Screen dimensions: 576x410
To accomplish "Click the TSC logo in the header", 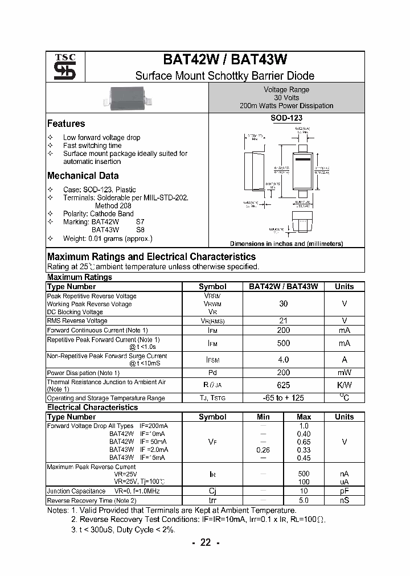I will pos(61,67).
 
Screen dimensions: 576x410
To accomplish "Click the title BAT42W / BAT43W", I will pos(225,60).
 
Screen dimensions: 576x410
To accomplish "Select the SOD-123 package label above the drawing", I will pos(286,118).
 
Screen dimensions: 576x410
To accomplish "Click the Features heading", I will pos(66,124).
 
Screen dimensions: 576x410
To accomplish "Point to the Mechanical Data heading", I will pos(83,176).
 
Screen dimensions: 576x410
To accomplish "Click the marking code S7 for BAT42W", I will pos(141,221).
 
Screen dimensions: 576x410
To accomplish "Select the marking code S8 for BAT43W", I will pos(141,229).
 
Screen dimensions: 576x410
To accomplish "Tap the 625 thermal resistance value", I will pos(283,385).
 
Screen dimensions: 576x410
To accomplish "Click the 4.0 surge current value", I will pos(283,360).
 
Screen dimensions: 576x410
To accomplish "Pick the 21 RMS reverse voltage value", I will pos(283,321).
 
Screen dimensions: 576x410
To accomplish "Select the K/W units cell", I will pos(344,385).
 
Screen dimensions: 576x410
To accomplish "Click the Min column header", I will pos(263,417).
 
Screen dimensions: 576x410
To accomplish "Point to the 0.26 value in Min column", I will pos(263,450).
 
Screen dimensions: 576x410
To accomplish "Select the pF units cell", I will pos(344,491).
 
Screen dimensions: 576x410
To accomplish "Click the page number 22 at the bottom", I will pos(205,543).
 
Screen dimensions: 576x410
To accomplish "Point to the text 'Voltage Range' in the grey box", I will pos(286,90).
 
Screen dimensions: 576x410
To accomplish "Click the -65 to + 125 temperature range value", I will pos(283,398).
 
